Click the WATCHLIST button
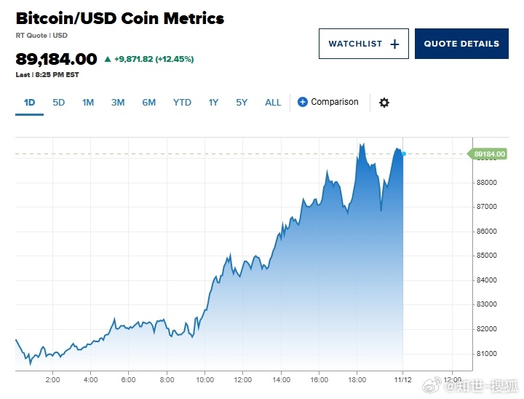click(x=363, y=44)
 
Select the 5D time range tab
click(x=59, y=103)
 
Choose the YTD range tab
click(x=182, y=103)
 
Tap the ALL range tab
click(x=273, y=103)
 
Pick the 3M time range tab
click(x=118, y=103)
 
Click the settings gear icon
click(x=384, y=103)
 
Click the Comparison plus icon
click(x=303, y=102)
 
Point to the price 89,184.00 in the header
click(x=56, y=59)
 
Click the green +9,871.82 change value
click(x=142, y=59)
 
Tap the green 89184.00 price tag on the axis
click(x=489, y=154)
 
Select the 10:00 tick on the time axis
click(x=205, y=380)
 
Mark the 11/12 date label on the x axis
click(x=403, y=380)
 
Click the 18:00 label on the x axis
click(x=357, y=380)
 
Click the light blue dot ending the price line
click(x=404, y=154)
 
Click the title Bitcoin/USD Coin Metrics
click(x=119, y=19)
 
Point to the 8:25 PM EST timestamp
click(x=52, y=74)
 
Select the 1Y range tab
click(x=213, y=103)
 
